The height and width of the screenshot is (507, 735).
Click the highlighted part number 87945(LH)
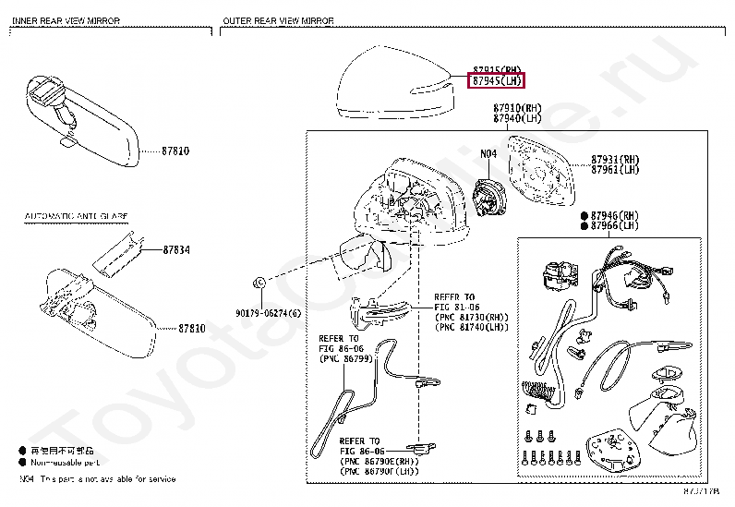498,81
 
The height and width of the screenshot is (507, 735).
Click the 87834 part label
177,249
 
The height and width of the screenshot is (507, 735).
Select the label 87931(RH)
615,158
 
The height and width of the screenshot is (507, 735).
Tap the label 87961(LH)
615,169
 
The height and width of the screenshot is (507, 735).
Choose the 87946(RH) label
614,214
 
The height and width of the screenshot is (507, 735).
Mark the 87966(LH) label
614,225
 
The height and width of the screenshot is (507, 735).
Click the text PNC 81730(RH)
471,317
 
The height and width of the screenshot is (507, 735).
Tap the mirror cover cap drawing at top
393,88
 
